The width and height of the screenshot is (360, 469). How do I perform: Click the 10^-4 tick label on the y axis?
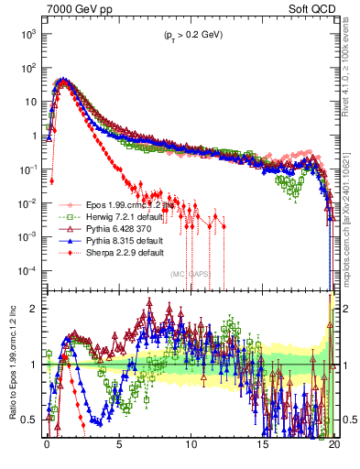pyautogui.click(x=27, y=271)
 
